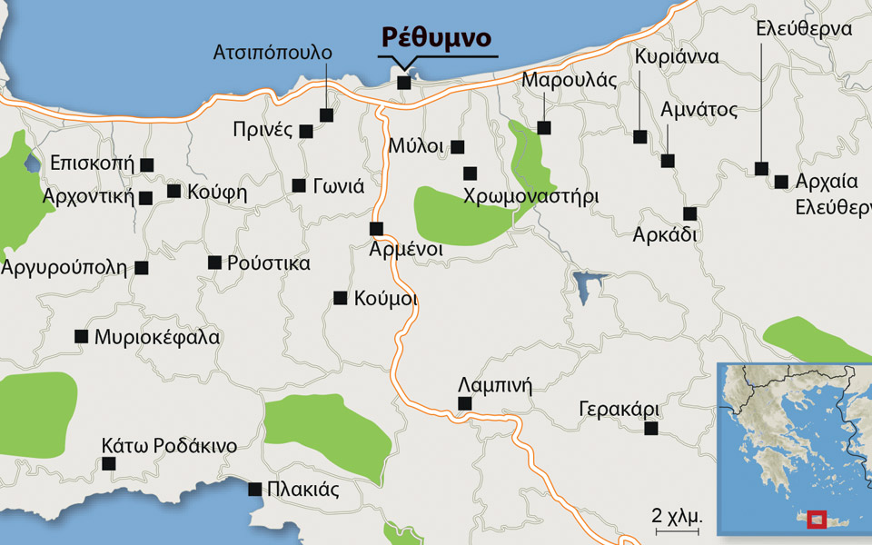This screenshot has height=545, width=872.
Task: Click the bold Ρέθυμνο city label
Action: tap(437, 38)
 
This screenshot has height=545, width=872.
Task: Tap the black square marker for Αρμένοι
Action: tap(376, 228)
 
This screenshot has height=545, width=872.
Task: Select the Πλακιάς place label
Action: tap(302, 490)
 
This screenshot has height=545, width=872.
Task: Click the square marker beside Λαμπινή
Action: tap(464, 403)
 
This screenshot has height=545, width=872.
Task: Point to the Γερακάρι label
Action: tap(619, 409)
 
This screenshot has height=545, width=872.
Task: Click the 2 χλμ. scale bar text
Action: tap(677, 515)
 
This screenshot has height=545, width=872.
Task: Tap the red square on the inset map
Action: tap(818, 520)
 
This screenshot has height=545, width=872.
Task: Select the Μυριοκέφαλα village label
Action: tap(157, 337)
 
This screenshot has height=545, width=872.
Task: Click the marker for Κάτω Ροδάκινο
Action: tap(110, 463)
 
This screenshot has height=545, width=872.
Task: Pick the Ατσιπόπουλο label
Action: tap(272, 53)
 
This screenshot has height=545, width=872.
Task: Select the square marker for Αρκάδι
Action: tap(689, 213)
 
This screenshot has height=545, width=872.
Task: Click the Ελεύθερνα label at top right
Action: tap(803, 29)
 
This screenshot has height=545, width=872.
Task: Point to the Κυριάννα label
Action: tap(677, 57)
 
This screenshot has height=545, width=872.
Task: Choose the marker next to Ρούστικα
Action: tap(214, 263)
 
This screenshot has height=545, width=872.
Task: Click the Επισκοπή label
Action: tap(92, 164)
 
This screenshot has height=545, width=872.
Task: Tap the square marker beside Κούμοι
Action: tap(340, 297)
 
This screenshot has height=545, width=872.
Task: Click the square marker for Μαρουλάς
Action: tap(543, 127)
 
